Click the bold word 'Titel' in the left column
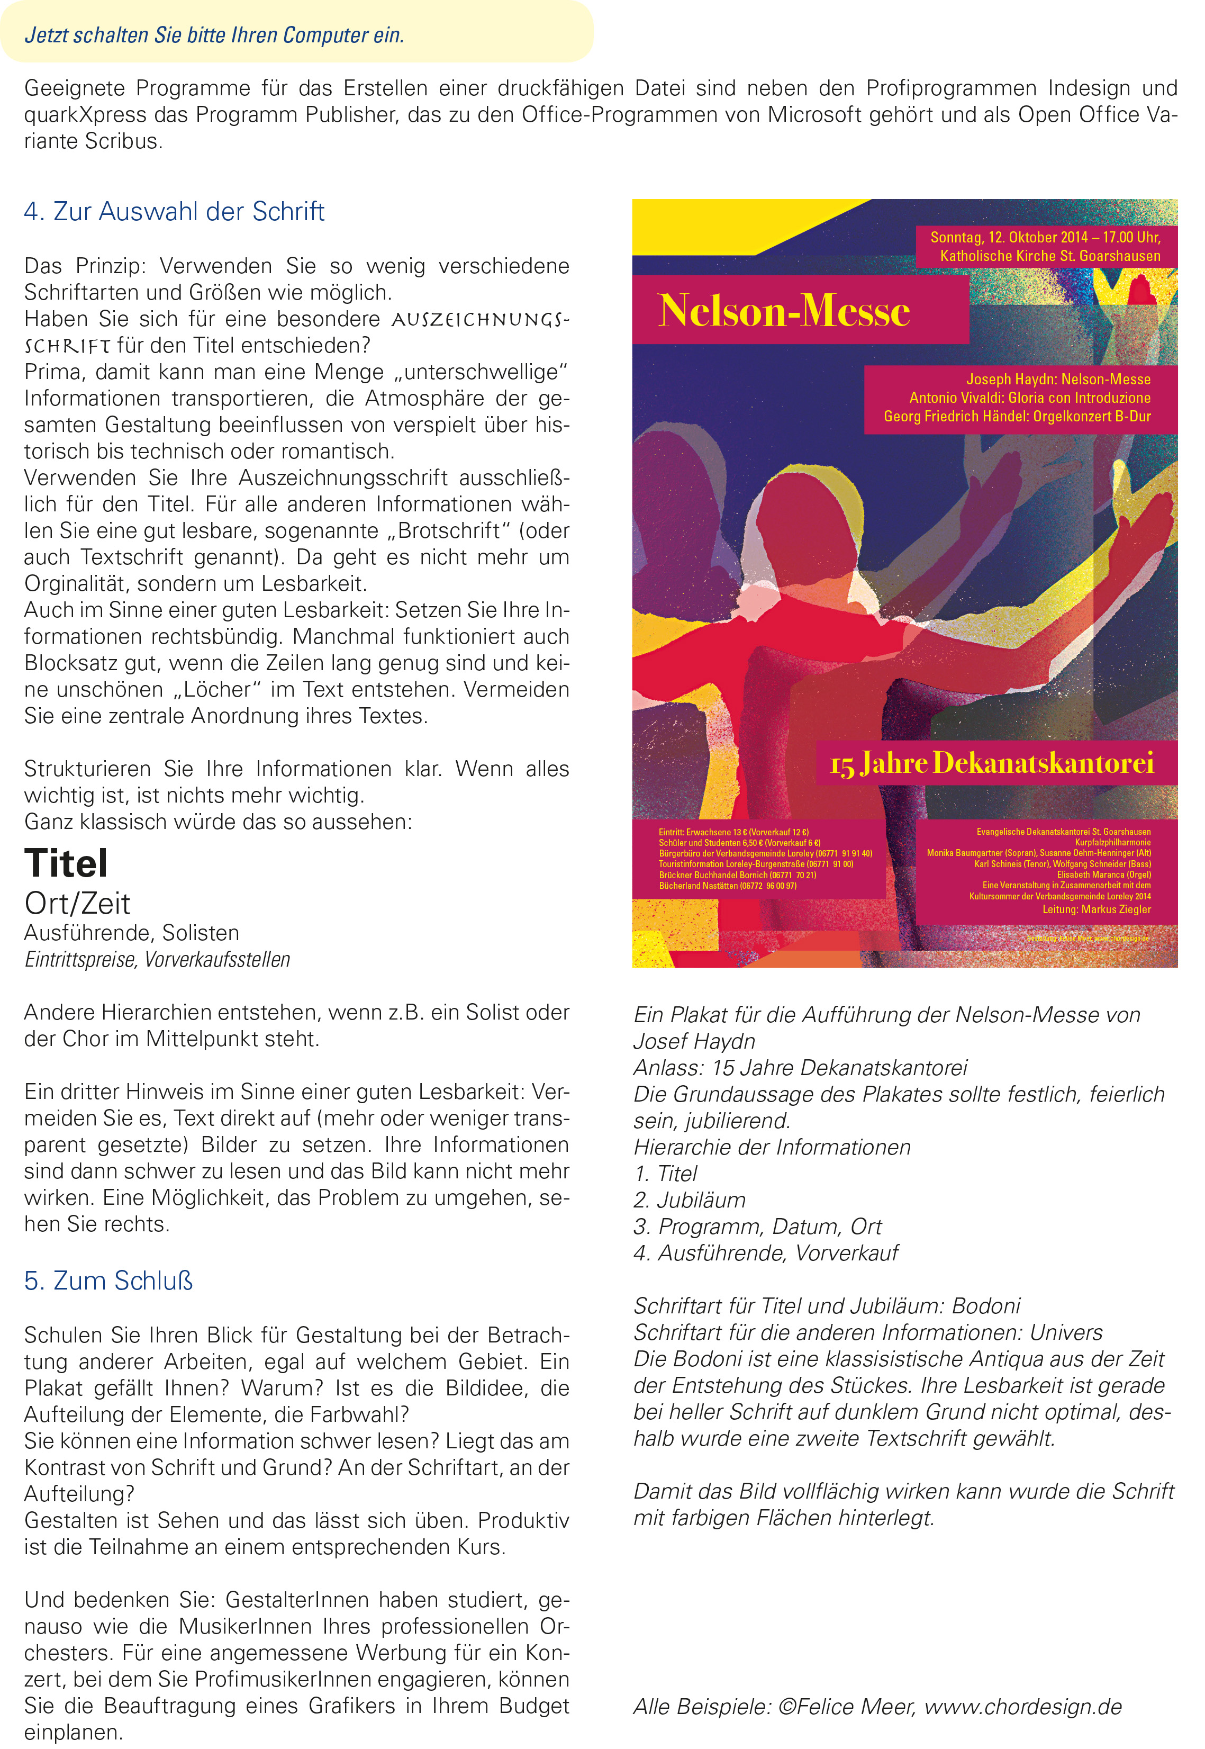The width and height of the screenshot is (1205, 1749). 67,863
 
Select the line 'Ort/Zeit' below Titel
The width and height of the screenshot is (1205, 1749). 77,903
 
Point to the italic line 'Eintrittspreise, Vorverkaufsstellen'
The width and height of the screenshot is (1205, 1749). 157,960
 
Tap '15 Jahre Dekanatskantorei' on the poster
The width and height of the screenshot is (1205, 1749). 991,763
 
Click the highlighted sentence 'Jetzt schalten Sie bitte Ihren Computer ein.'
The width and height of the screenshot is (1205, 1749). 214,35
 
